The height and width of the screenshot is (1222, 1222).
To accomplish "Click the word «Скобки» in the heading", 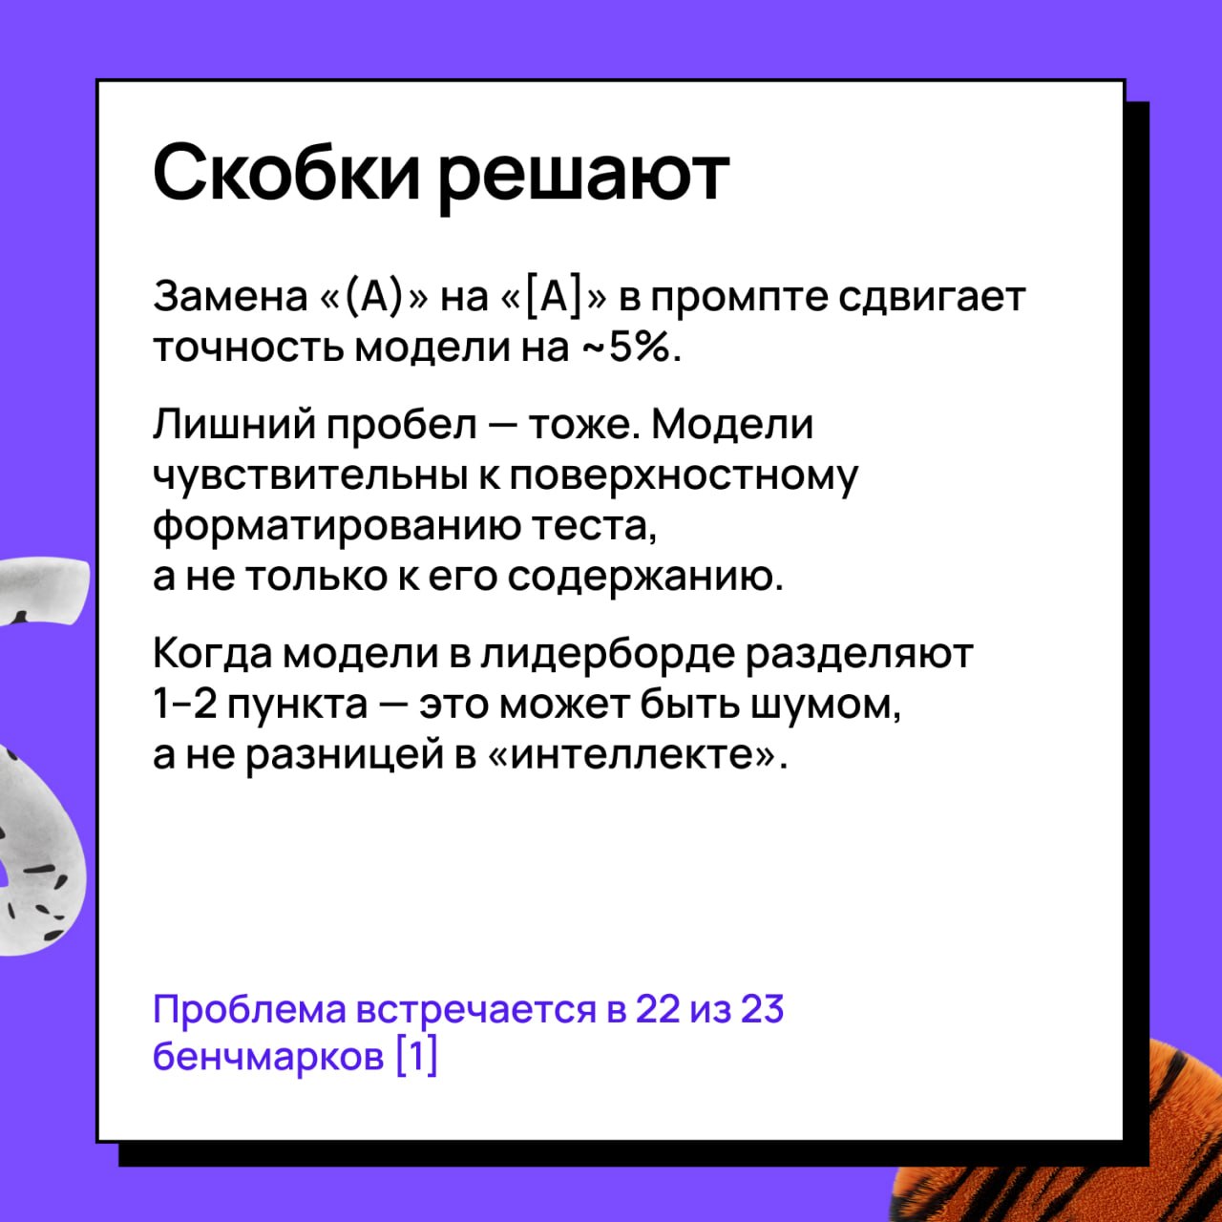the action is click(x=286, y=172).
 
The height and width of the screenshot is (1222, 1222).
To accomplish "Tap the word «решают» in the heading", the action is click(x=583, y=179).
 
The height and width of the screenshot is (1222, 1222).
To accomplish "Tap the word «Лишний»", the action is click(x=234, y=424).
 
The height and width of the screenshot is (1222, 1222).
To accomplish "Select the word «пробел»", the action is click(x=401, y=426).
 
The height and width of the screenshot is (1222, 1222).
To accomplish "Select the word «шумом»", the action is click(x=825, y=706).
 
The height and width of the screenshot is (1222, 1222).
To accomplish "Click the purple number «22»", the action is click(x=656, y=1008).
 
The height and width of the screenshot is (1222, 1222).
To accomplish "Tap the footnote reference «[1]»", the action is click(x=416, y=1058).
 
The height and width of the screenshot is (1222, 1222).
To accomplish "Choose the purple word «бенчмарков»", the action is click(x=268, y=1057).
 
